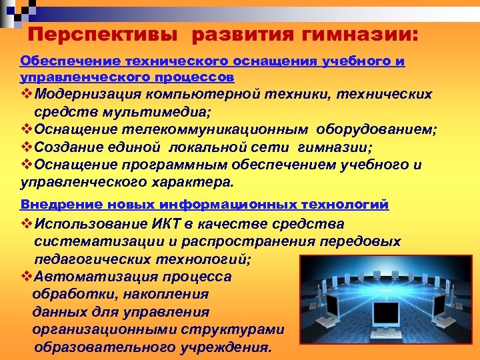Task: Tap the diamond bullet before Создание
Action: [x=27, y=147]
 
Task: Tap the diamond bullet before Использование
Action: [x=27, y=224]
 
